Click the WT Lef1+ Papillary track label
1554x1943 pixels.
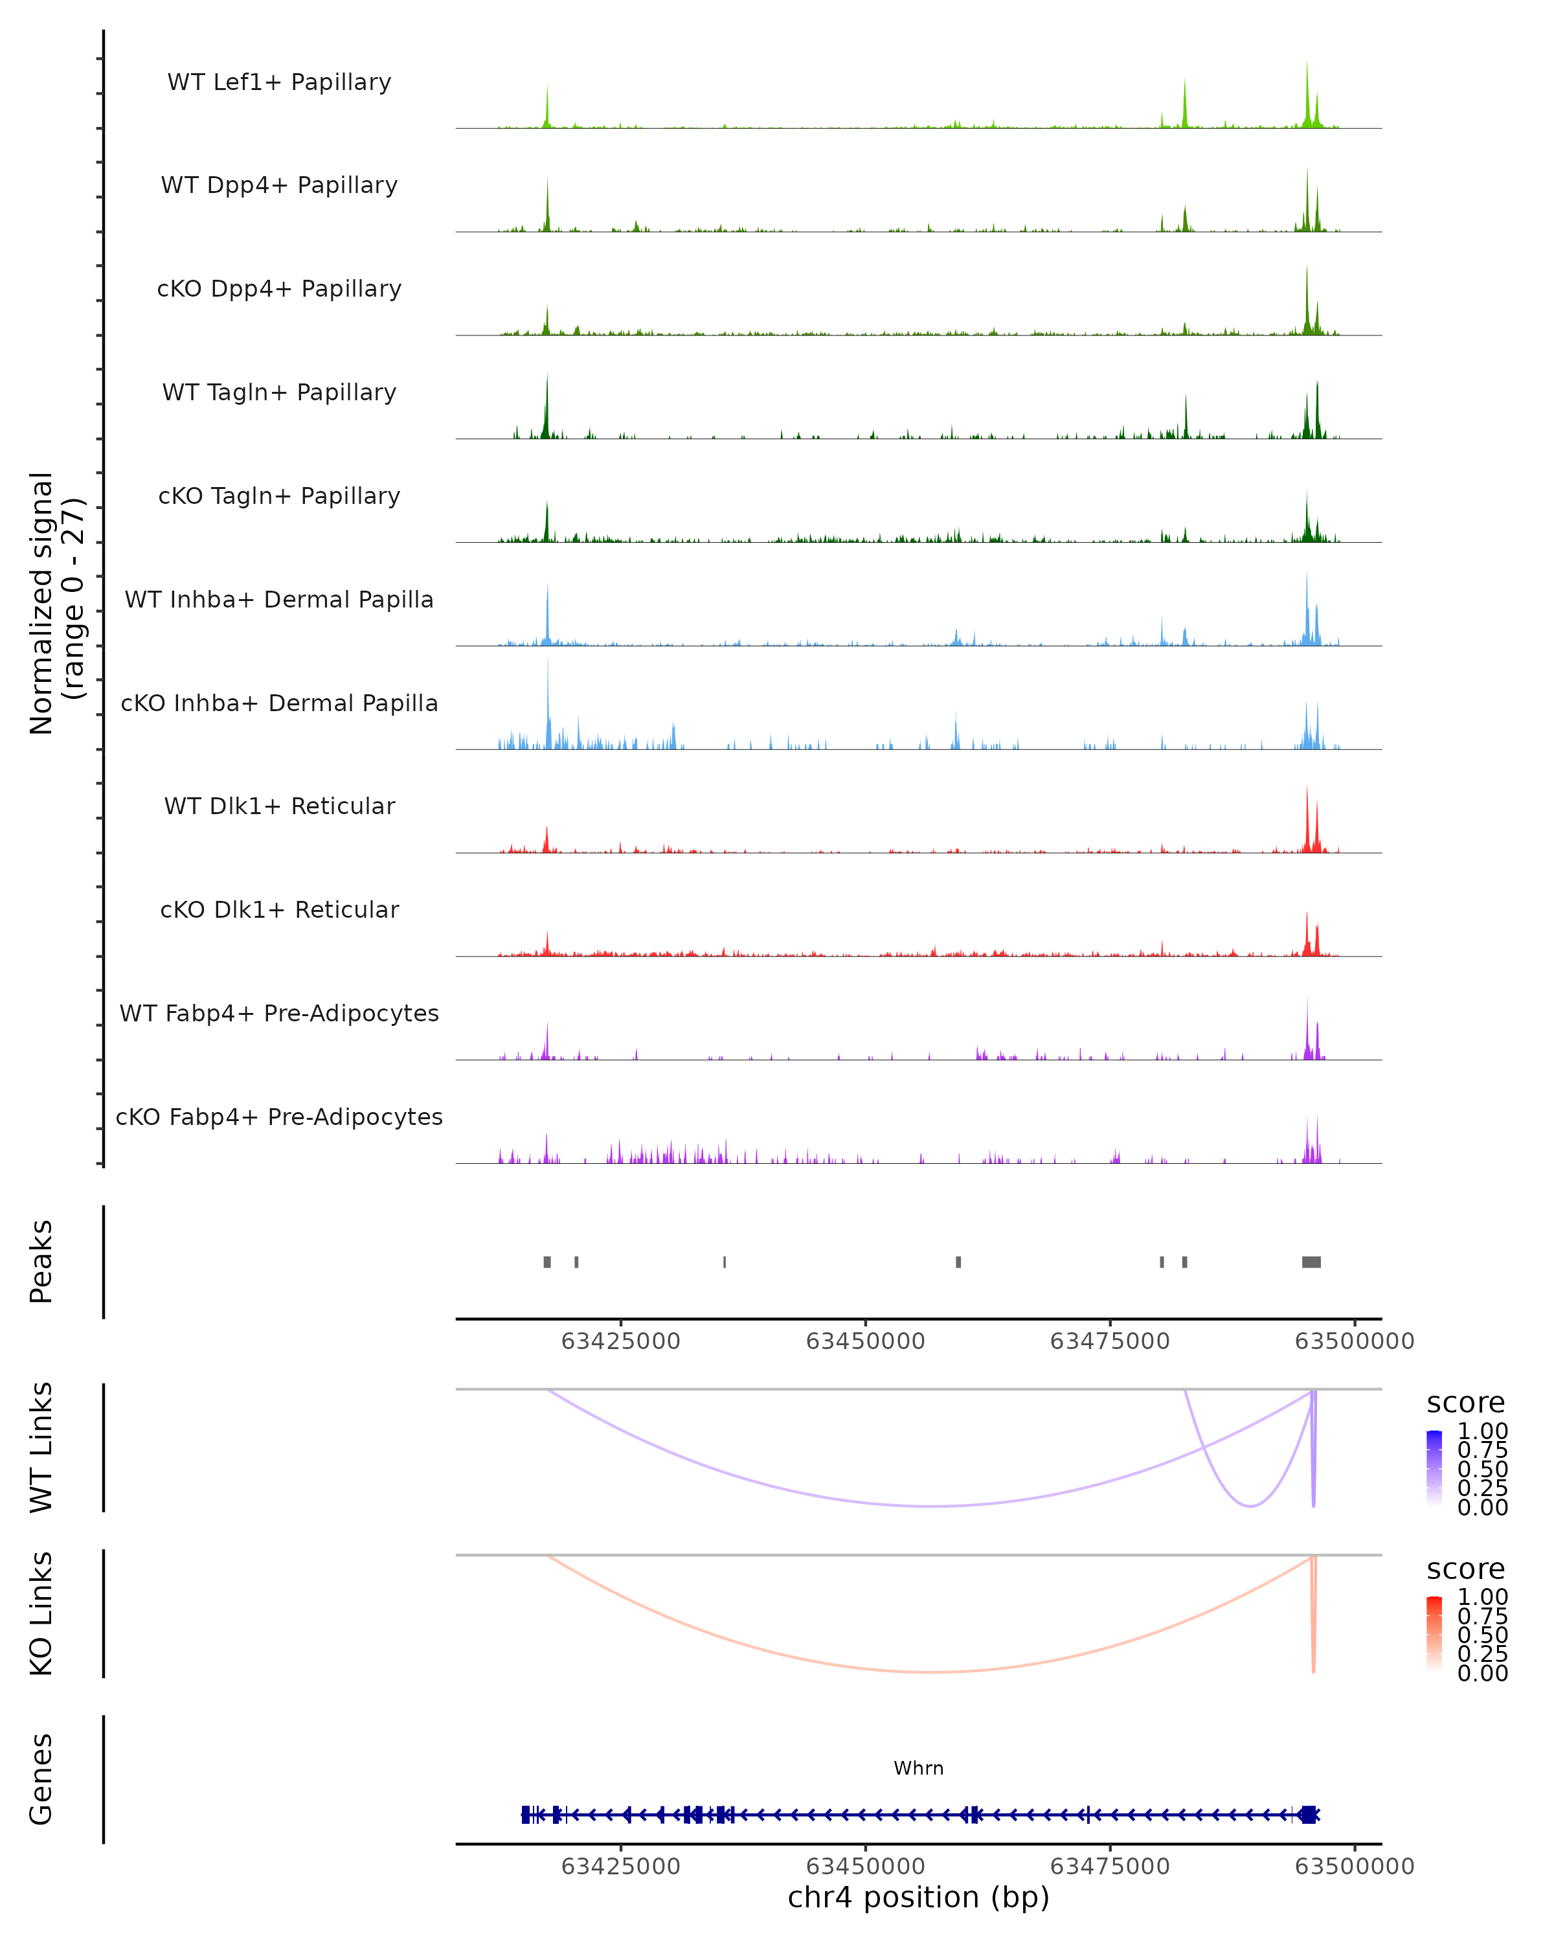coord(279,82)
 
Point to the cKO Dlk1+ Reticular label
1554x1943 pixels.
coord(279,909)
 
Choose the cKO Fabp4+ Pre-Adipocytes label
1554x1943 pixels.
coord(279,1117)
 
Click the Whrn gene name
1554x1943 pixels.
coord(918,1767)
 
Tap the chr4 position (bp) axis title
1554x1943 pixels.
coord(918,1897)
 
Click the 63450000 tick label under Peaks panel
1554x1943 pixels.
coord(865,1341)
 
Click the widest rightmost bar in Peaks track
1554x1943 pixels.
coord(1311,1262)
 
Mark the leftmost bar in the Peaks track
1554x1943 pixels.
coord(547,1262)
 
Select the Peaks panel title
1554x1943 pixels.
coord(41,1262)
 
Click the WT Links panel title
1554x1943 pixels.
coord(41,1448)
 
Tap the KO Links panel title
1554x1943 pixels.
coord(41,1613)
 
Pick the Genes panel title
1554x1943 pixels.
coord(41,1779)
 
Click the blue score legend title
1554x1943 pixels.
coord(1465,1403)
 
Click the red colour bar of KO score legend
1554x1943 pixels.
coord(1434,1634)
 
